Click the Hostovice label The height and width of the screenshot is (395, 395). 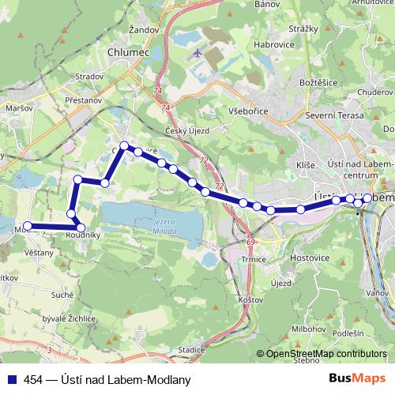310,258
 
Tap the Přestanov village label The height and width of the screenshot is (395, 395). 85,100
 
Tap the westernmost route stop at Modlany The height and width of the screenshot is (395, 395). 28,225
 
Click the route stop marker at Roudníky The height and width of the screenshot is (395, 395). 81,228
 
